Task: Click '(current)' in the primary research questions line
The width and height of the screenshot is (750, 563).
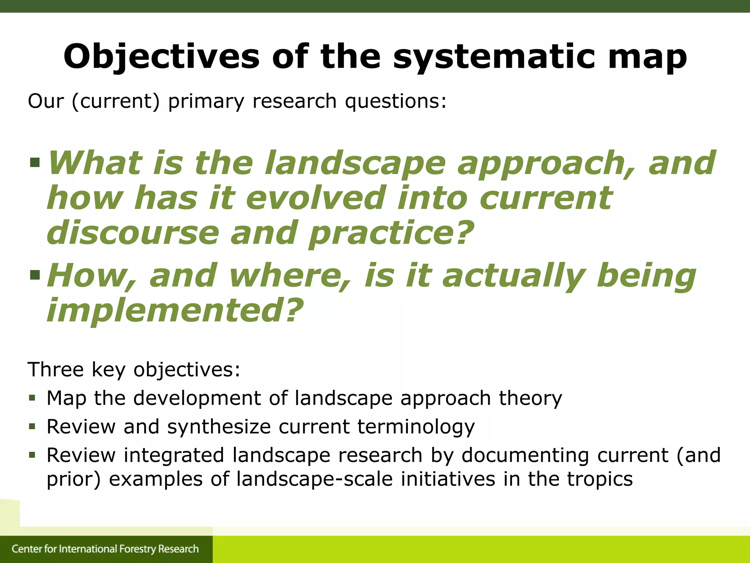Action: [x=116, y=101]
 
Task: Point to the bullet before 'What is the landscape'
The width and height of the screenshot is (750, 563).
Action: [x=35, y=162]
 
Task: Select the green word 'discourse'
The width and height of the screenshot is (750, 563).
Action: [x=133, y=233]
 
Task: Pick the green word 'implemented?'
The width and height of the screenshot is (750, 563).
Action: [x=175, y=310]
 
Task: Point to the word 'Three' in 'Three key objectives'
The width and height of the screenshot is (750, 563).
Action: [x=56, y=369]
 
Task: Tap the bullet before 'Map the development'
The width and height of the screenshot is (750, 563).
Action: [x=33, y=398]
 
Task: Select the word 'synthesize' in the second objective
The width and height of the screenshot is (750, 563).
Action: [x=219, y=427]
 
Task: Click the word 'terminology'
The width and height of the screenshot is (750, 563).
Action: [x=416, y=427]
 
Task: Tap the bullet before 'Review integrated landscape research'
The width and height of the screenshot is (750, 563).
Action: [x=33, y=455]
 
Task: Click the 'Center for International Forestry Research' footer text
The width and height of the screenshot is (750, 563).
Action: [x=105, y=549]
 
